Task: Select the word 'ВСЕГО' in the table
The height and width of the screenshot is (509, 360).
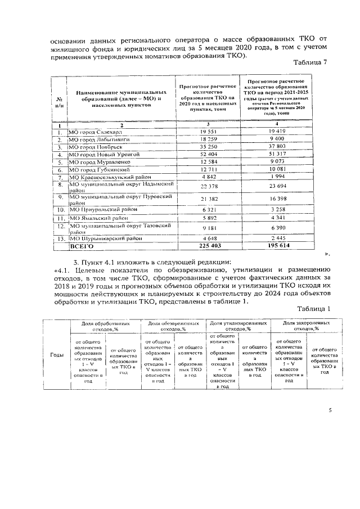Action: [x=81, y=246]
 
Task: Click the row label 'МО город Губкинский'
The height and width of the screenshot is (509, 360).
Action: [x=96, y=169]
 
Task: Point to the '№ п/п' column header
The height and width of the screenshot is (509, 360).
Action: [x=58, y=101]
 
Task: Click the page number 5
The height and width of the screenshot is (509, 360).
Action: [x=330, y=411]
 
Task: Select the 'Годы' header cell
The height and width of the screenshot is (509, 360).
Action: [x=57, y=354]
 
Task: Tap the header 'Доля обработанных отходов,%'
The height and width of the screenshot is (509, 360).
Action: [x=105, y=327]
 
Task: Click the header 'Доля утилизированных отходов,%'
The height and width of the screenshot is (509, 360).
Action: [x=238, y=327]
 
